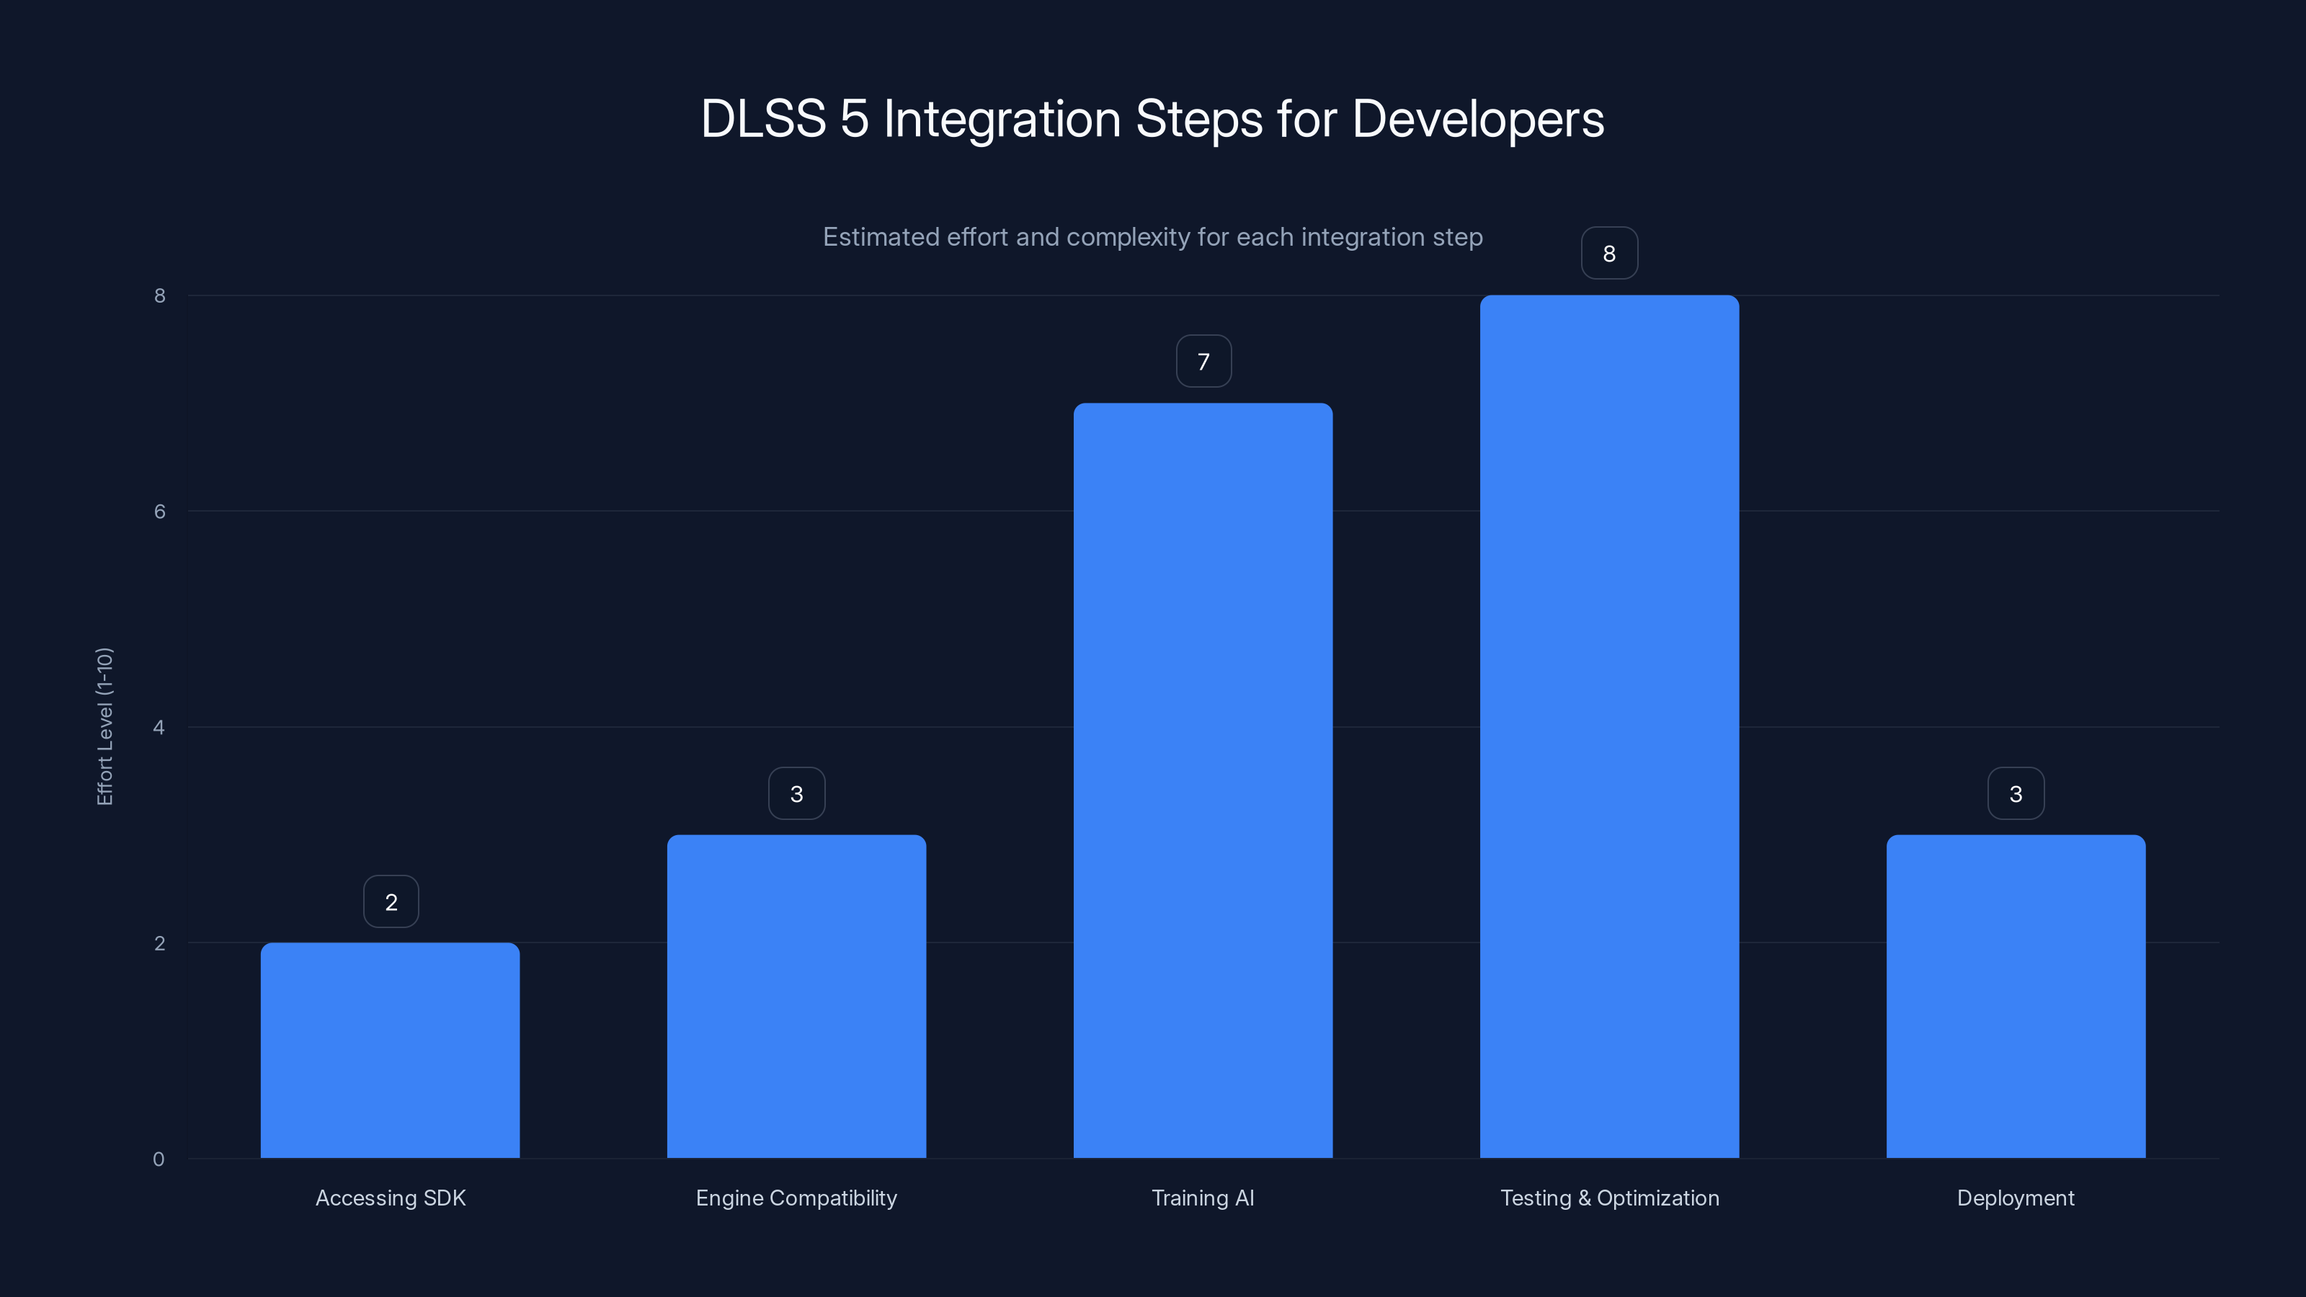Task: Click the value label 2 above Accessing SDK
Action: pos(391,901)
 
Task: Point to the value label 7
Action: pos(1203,361)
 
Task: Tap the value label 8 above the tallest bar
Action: pos(1608,254)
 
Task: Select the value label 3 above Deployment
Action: pos(2015,793)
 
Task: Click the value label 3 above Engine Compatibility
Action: pos(796,793)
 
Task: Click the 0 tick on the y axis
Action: pos(159,1159)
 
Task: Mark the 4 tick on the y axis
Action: pos(159,727)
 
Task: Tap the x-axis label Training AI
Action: pos(1202,1198)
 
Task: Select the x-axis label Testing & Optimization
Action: pos(1608,1198)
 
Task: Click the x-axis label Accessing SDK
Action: pos(391,1198)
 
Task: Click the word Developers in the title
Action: pos(1477,118)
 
